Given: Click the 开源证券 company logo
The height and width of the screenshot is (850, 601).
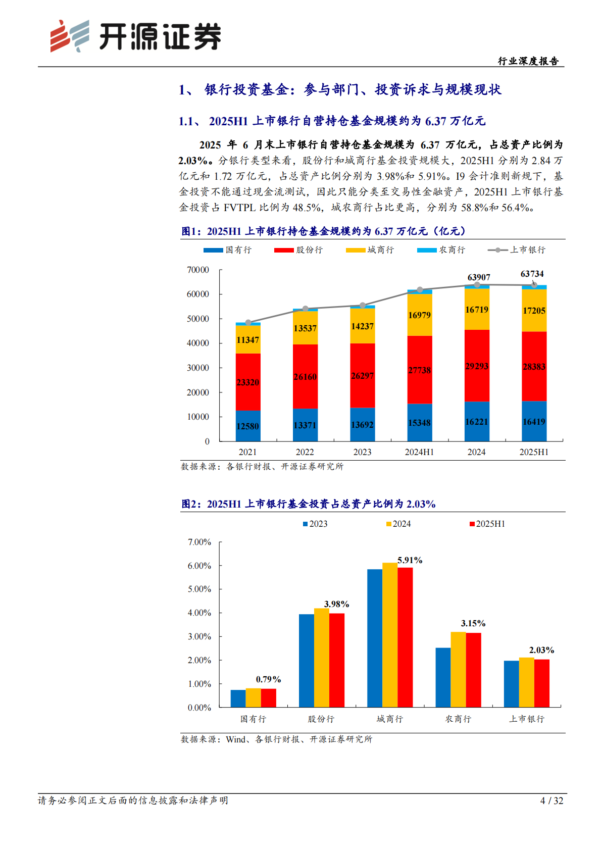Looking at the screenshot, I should pyautogui.click(x=135, y=36).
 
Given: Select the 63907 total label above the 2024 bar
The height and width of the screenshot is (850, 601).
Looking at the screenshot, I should pyautogui.click(x=478, y=277).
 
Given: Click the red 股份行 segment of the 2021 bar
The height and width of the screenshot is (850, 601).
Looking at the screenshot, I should pyautogui.click(x=248, y=382).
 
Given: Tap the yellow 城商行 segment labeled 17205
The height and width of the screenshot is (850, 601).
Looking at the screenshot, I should pyautogui.click(x=534, y=311).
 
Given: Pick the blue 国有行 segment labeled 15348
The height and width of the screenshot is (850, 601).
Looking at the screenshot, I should pyautogui.click(x=420, y=422).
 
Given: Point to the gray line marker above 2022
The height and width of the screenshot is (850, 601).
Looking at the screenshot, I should pyautogui.click(x=305, y=309).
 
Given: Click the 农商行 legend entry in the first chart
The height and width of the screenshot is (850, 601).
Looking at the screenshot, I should pyautogui.click(x=441, y=250).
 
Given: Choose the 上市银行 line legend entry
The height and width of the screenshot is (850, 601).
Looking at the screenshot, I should pyautogui.click(x=517, y=250).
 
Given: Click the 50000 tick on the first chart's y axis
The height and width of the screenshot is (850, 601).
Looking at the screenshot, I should pyautogui.click(x=198, y=319).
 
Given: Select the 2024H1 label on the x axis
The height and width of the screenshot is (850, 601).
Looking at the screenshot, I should pyautogui.click(x=419, y=452).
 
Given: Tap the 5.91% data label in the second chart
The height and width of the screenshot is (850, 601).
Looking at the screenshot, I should pyautogui.click(x=410, y=560).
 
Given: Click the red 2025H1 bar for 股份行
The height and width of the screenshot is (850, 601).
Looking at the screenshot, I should pyautogui.click(x=337, y=660).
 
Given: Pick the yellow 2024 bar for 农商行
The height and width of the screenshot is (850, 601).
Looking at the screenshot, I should pyautogui.click(x=458, y=669).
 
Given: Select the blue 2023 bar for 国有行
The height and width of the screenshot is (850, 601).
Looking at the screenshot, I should pyautogui.click(x=238, y=698).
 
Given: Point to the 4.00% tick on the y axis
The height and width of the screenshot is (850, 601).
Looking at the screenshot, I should pyautogui.click(x=199, y=613).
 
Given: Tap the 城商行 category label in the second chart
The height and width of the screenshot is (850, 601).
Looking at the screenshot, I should pyautogui.click(x=389, y=719).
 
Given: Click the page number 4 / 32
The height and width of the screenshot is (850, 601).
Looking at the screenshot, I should pyautogui.click(x=552, y=801).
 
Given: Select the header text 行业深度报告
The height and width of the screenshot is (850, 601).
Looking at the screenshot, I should pyautogui.click(x=528, y=61).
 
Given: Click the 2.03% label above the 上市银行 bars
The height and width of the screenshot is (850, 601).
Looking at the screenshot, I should pyautogui.click(x=541, y=650).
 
